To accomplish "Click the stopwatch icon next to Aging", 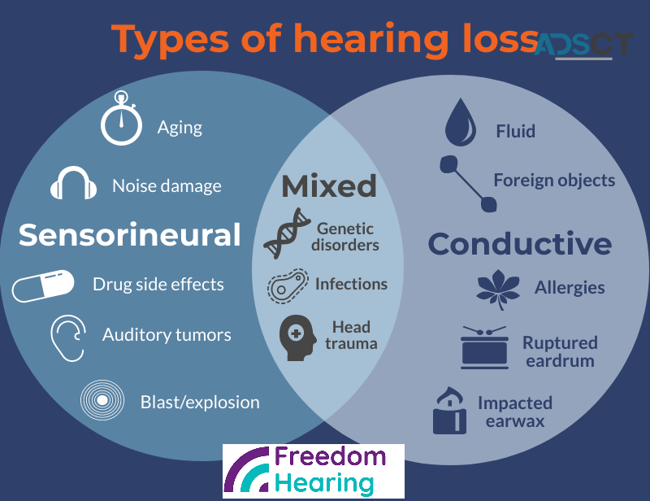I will click(x=121, y=120).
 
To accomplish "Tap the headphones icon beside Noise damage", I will click(x=73, y=184).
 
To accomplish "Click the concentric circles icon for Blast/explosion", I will click(x=102, y=400).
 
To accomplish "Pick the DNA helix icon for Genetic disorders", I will click(x=288, y=233).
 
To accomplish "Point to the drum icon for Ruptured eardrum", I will click(x=484, y=346).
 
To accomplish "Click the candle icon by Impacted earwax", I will click(x=448, y=411).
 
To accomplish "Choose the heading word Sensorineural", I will click(x=130, y=235).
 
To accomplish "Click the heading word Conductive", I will click(x=520, y=244).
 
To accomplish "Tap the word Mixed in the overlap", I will click(x=329, y=186).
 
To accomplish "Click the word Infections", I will click(x=351, y=284).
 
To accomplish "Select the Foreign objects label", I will click(x=554, y=180).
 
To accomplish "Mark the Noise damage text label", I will click(x=167, y=186).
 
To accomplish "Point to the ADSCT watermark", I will click(x=583, y=44).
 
